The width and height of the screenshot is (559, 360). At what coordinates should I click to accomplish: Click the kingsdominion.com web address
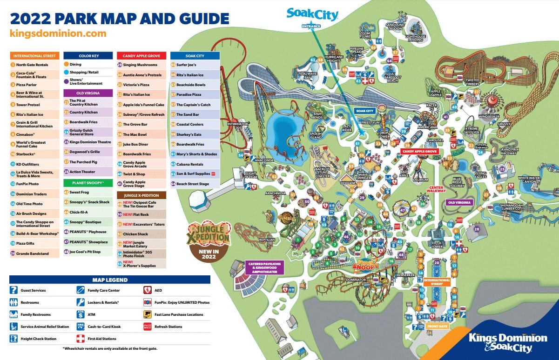pyautogui.click(x=58, y=33)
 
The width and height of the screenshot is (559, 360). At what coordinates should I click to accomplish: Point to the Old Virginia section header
pyautogui.click(x=88, y=93)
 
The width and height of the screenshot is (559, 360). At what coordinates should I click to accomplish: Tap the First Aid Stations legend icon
pyautogui.click(x=80, y=339)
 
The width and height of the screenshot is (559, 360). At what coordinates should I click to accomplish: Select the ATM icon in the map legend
pyautogui.click(x=80, y=314)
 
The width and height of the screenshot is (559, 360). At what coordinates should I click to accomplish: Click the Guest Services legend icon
pyautogui.click(x=13, y=290)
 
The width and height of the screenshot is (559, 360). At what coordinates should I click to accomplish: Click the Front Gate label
pyautogui.click(x=437, y=326)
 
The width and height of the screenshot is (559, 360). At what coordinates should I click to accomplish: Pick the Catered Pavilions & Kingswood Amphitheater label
pyautogui.click(x=264, y=268)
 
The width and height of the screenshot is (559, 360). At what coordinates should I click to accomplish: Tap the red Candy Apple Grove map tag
pyautogui.click(x=419, y=152)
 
